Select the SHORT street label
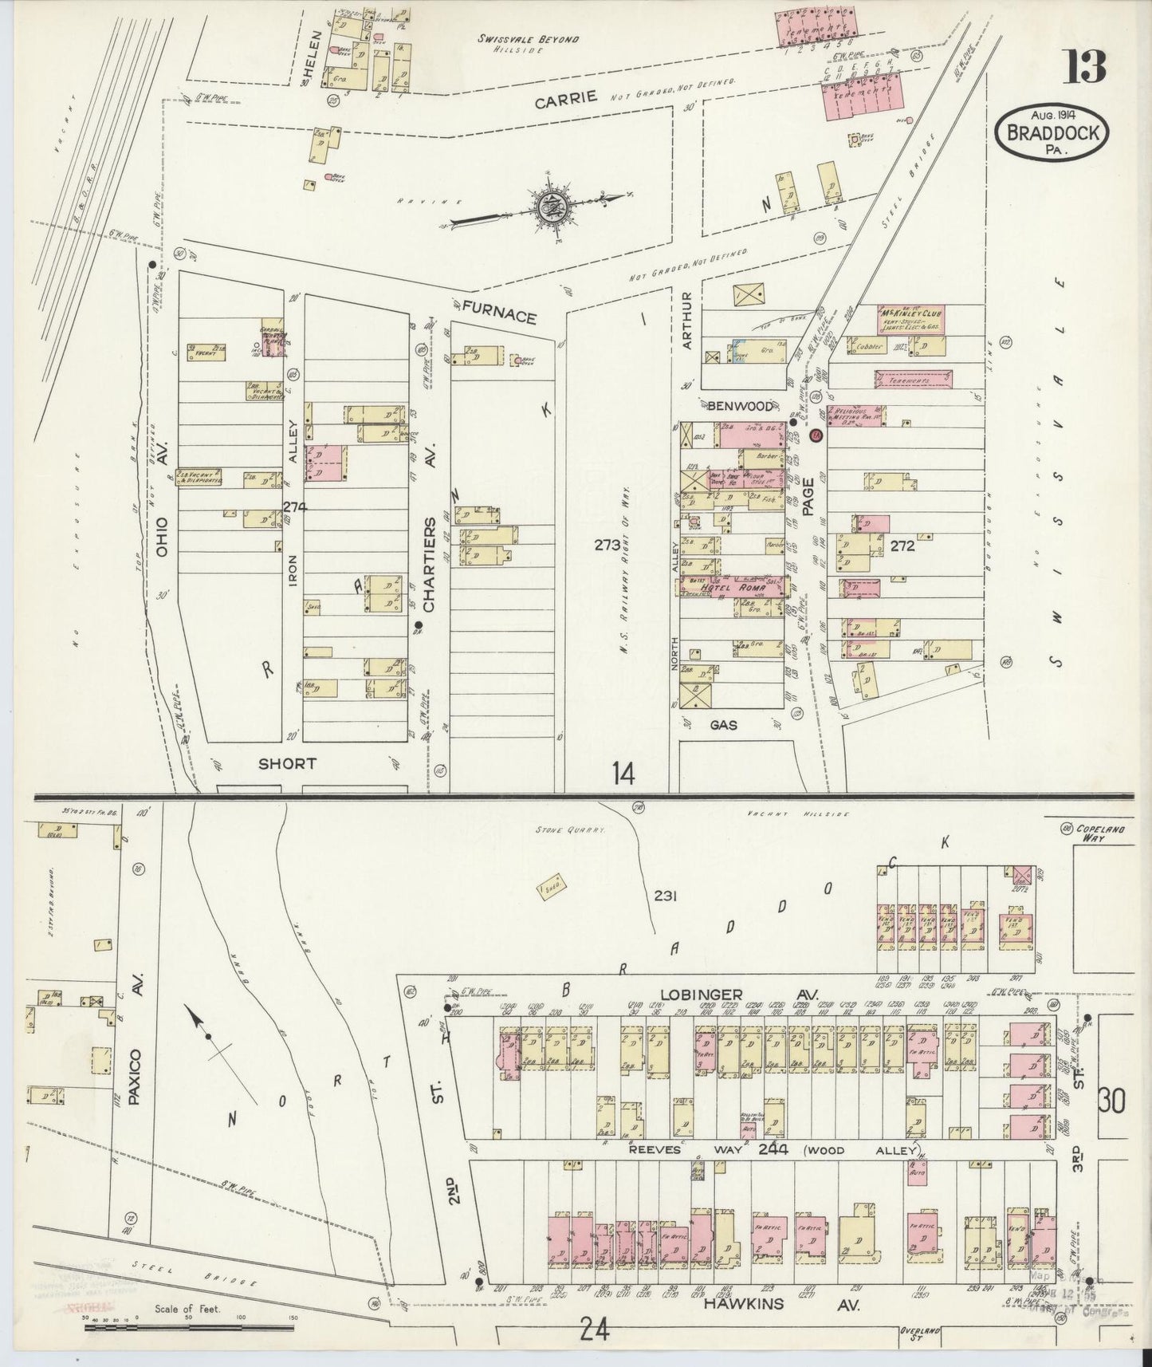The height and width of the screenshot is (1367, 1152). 287,763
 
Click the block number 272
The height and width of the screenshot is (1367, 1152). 902,547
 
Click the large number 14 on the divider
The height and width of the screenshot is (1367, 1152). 623,773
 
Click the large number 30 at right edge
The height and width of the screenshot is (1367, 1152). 1113,1101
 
